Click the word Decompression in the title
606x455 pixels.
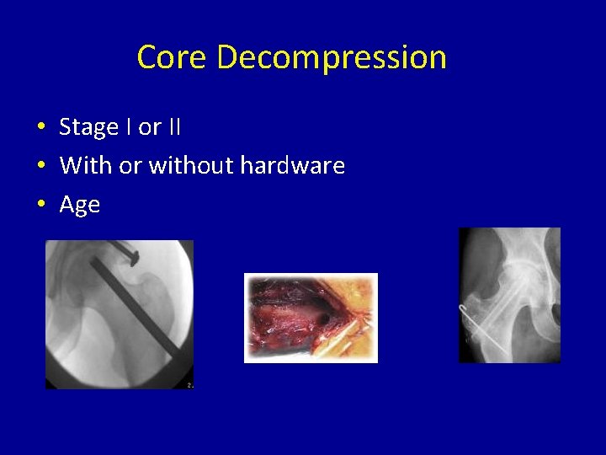tap(331, 58)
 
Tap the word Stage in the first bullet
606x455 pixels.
tap(88, 127)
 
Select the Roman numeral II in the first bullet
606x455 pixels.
tap(173, 127)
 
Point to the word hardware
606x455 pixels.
tap(292, 166)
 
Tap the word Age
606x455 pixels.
tap(80, 205)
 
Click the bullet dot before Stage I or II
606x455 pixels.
tap(40, 128)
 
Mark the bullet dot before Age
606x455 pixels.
tap(40, 205)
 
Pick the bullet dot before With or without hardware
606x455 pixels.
tap(40, 166)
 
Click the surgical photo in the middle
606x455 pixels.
tap(311, 318)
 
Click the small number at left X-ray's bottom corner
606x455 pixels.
tap(189, 385)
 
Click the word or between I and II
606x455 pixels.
tap(150, 127)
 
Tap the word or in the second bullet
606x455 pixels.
tap(130, 166)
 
